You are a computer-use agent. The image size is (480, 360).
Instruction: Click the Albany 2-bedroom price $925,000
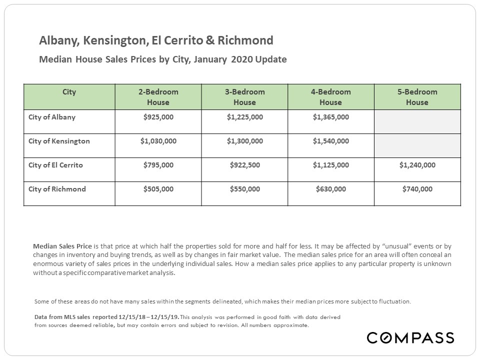(158, 117)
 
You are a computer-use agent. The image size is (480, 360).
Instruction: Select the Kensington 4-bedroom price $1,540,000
(331, 141)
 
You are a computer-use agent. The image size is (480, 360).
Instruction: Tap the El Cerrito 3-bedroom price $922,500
(245, 165)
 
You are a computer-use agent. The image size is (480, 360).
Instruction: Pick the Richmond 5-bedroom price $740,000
(417, 189)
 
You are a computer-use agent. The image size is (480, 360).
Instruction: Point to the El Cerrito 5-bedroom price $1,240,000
(417, 165)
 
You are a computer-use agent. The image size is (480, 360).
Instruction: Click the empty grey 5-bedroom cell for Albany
(417, 122)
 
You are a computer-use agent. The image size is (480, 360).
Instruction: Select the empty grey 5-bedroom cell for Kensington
(417, 145)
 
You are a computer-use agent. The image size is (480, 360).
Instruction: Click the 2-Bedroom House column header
(158, 97)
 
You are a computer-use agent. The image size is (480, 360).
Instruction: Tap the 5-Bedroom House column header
(417, 97)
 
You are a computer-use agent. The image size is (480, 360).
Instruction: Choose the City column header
(69, 92)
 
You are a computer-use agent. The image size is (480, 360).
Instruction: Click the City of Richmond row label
(57, 189)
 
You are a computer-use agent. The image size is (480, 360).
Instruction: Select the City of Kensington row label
(59, 141)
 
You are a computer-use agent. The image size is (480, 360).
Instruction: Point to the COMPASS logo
(410, 337)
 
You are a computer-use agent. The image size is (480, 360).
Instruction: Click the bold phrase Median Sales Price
(62, 246)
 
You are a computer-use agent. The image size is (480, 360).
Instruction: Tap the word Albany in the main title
(59, 40)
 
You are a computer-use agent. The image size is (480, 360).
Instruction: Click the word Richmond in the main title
(245, 40)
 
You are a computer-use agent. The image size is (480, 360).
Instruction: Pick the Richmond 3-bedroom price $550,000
(245, 189)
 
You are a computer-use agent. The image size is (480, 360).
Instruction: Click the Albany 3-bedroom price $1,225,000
(245, 117)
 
